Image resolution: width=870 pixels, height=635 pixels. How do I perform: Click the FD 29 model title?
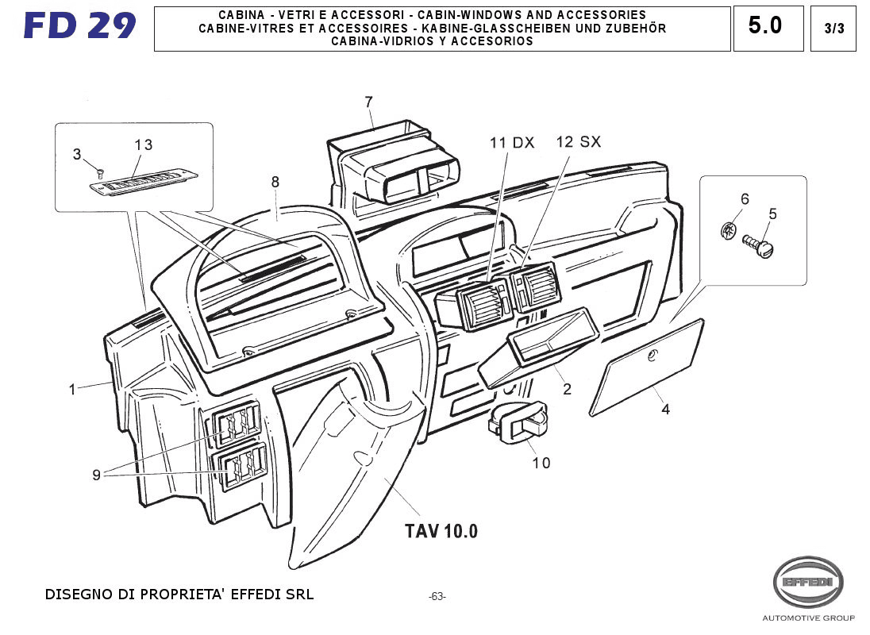(x=80, y=26)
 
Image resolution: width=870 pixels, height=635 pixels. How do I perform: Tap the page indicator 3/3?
(x=833, y=29)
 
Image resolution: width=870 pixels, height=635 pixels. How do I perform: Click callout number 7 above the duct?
(x=368, y=102)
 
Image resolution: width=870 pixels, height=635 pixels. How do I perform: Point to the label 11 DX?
(x=511, y=143)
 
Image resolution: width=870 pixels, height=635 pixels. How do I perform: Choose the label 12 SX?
(x=578, y=142)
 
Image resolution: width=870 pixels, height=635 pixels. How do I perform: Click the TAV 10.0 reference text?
(x=441, y=531)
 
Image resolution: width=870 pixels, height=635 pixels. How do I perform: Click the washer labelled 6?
(x=729, y=232)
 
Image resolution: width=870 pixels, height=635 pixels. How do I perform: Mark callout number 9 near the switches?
(x=96, y=475)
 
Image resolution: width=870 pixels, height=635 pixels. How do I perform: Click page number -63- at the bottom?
(x=437, y=596)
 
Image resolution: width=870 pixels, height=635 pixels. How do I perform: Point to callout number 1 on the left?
(x=72, y=389)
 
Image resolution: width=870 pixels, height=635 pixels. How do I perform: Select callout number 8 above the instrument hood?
(x=275, y=182)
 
